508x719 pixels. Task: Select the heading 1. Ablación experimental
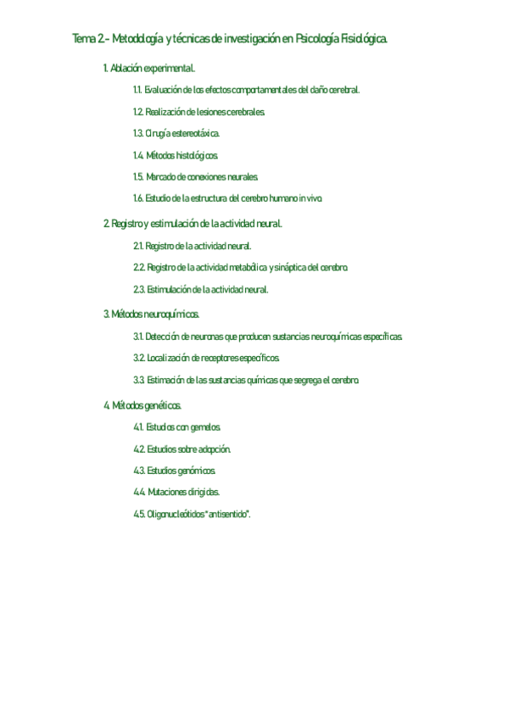point(149,68)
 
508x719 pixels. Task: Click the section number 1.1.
point(137,89)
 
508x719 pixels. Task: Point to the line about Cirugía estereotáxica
point(181,133)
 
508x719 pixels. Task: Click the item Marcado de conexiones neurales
point(202,176)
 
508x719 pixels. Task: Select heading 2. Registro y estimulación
point(193,223)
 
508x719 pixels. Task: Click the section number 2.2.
point(138,267)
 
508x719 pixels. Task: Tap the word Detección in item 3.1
point(161,337)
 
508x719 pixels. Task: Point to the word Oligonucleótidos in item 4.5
point(175,514)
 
